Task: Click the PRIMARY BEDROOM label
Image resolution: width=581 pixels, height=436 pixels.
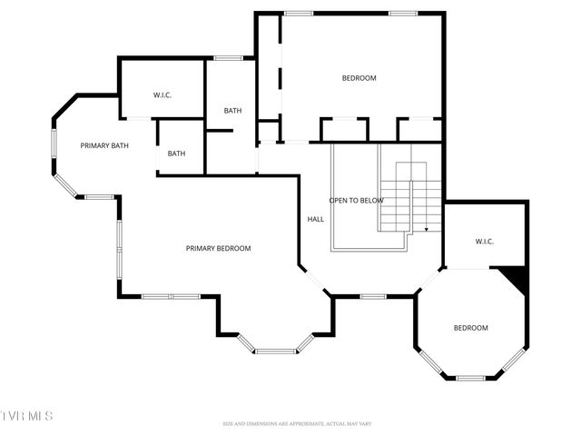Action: coord(218,248)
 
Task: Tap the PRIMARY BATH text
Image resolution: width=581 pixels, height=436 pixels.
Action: coord(104,145)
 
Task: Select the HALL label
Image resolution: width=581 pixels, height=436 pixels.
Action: coord(316,219)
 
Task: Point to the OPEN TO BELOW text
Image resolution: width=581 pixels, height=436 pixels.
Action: coord(356,200)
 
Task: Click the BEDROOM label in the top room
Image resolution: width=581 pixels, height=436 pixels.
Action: coord(359,78)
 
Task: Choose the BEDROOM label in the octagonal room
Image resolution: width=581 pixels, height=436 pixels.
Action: coord(470,328)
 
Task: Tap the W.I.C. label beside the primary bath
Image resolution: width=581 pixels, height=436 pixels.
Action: coord(162,94)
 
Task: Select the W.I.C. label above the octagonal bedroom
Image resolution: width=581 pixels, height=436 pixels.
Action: coord(484,241)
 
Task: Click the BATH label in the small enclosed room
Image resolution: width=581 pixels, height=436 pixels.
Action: coord(176,154)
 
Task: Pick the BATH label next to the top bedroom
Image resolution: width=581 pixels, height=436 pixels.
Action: coord(232,111)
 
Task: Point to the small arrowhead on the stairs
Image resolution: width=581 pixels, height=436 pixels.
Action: coord(426,230)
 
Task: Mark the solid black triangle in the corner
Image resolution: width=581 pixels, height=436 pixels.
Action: coord(516,278)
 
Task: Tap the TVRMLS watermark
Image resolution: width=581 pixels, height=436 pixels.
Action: coord(27,416)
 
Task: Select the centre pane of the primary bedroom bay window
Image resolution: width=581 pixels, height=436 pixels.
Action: coord(274,351)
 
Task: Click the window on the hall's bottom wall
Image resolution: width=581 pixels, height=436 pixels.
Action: coord(373,296)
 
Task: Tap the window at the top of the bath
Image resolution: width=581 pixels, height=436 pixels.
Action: coord(229,58)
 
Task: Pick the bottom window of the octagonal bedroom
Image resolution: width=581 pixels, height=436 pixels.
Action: coord(470,377)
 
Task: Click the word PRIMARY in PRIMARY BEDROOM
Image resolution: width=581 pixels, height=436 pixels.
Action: coord(201,248)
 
